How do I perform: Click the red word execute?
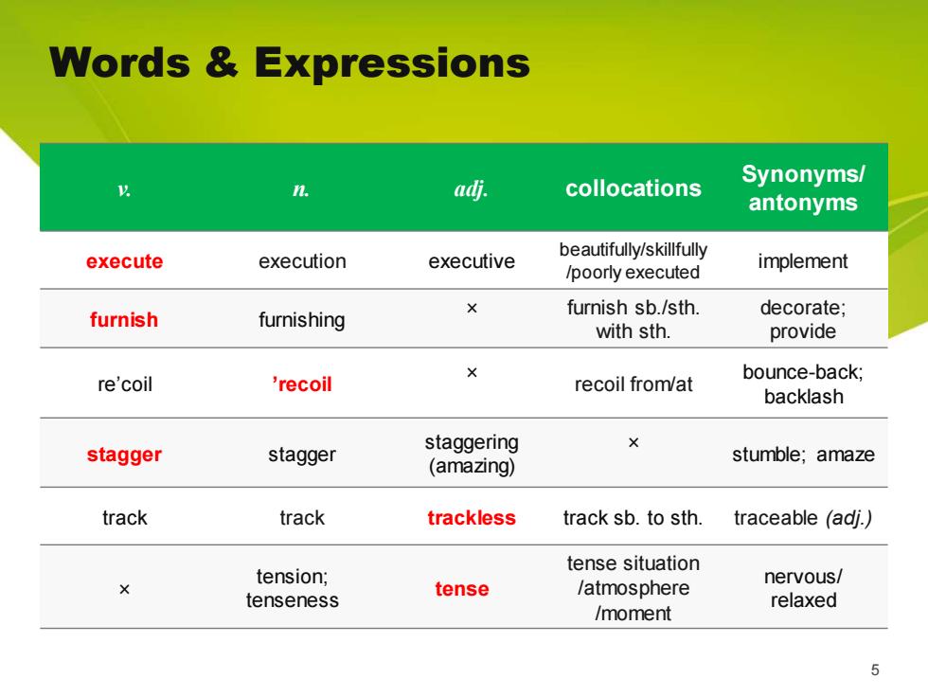(124, 261)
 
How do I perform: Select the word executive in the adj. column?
(472, 261)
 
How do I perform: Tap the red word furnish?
(124, 320)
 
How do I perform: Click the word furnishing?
(302, 320)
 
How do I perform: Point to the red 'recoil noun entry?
(302, 384)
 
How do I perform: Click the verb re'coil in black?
(125, 384)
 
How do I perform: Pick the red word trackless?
(472, 518)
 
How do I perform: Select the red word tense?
(462, 589)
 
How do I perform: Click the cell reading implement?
(803, 261)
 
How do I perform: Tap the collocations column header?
(634, 188)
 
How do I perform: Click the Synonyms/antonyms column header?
(803, 187)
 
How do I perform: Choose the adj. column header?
(472, 189)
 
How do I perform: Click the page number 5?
(875, 670)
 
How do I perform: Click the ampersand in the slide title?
(222, 62)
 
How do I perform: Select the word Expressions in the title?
(392, 63)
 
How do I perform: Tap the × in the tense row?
(124, 589)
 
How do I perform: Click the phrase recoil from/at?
(634, 384)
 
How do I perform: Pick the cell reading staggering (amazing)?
(472, 454)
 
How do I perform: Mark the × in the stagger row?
(634, 443)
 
